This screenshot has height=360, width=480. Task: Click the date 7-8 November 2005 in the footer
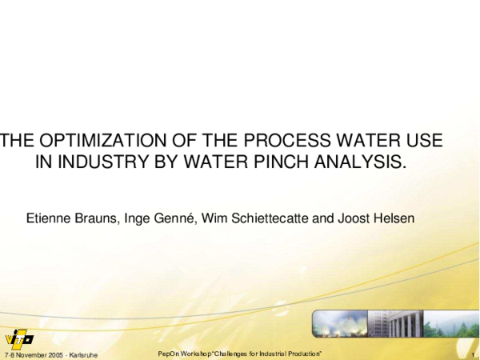point(32,354)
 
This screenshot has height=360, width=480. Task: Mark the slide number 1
point(474,354)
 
